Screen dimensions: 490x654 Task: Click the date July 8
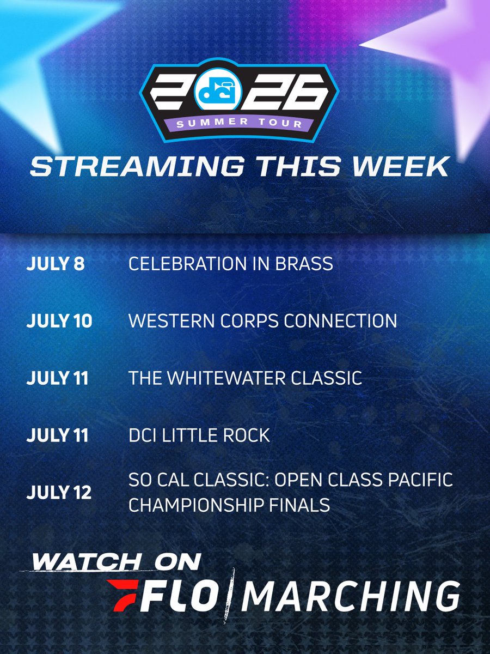pos(56,264)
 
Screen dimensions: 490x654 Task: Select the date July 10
pos(59,321)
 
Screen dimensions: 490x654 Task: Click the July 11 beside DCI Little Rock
pos(57,435)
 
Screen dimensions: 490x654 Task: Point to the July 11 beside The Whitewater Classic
pos(57,378)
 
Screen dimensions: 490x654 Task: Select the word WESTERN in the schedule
pos(171,321)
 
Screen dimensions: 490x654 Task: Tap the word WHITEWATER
pos(226,378)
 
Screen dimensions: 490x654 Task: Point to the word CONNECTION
pos(340,321)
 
